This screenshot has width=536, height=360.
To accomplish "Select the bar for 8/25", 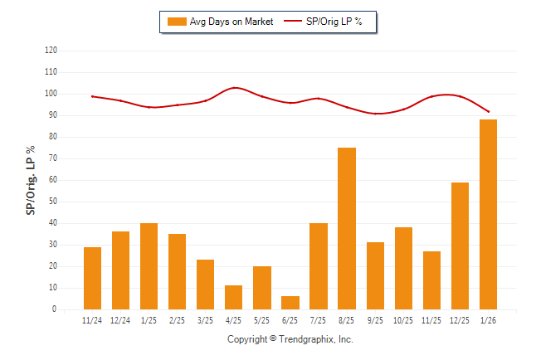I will click(x=347, y=229).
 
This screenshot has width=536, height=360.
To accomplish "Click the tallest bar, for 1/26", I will click(x=488, y=215).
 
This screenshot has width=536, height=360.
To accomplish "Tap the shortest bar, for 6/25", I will click(x=290, y=303).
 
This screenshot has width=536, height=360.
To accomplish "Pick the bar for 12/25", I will click(x=460, y=246).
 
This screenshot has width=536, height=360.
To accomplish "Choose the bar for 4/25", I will click(x=234, y=298).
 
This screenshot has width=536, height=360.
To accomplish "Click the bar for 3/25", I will click(x=206, y=285).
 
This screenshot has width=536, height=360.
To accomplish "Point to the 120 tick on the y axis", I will click(x=51, y=51).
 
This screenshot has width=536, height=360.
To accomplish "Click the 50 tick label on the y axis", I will click(x=53, y=202).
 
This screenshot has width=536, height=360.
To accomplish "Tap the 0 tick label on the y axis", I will click(x=55, y=309).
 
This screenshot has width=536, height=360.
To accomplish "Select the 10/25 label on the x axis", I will click(x=403, y=320).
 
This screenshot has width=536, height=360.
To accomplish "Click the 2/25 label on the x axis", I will click(x=177, y=320).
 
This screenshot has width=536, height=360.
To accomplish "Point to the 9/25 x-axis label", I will click(x=375, y=320).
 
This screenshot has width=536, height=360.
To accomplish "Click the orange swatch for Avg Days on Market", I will click(x=176, y=22).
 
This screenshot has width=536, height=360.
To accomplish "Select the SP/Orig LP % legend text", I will click(x=334, y=22).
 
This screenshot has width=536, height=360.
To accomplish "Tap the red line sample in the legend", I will click(x=294, y=22).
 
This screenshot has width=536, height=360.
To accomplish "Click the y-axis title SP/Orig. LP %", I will click(x=31, y=180).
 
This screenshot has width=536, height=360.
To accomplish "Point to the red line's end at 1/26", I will click(x=489, y=111).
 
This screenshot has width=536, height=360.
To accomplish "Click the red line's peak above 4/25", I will click(x=235, y=87).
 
